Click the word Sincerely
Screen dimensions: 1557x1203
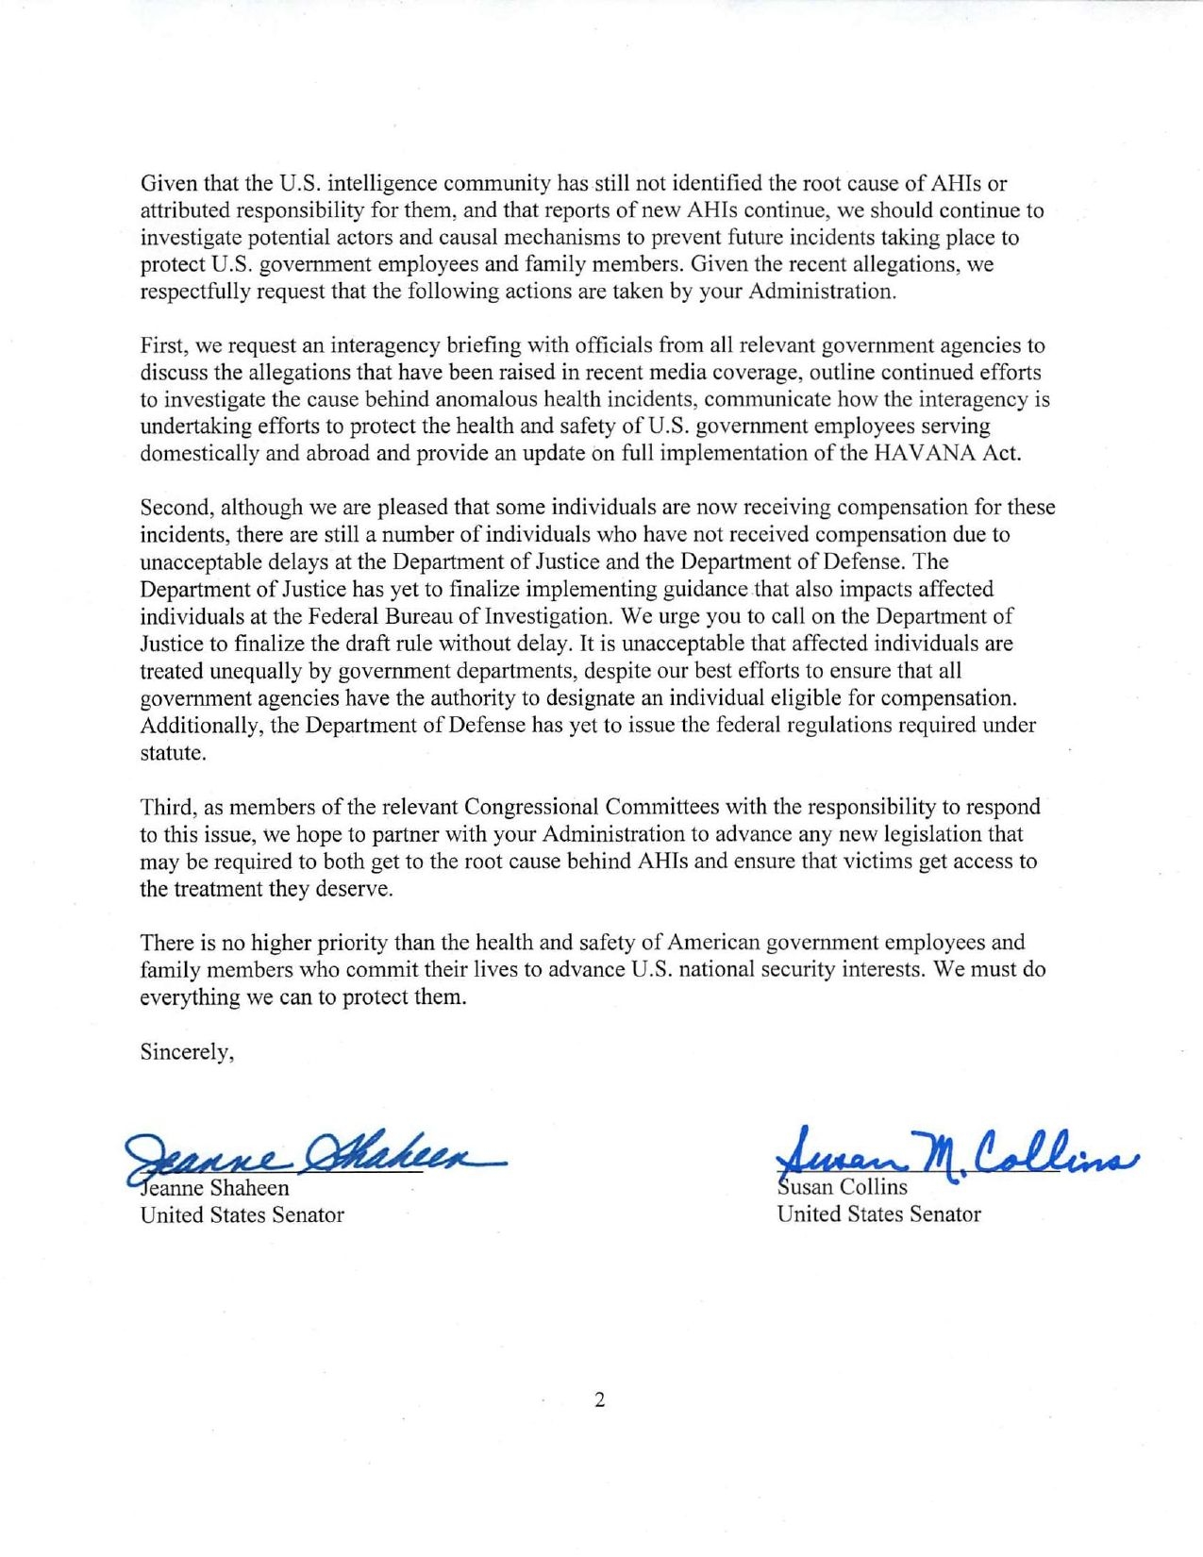(x=187, y=1052)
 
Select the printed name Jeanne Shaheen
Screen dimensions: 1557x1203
(x=217, y=1188)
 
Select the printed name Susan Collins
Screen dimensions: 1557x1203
(x=842, y=1187)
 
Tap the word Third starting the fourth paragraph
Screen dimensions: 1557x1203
(x=165, y=808)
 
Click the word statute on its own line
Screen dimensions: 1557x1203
(x=172, y=753)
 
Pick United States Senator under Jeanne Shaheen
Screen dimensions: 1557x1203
(x=242, y=1215)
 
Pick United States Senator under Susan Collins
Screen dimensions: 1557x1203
(x=878, y=1214)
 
